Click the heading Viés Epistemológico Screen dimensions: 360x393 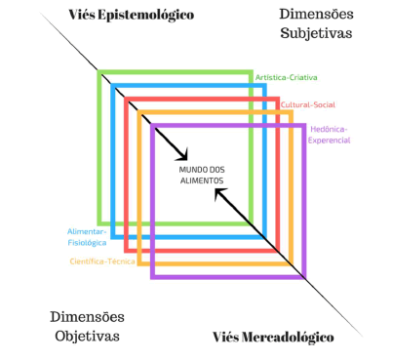click(x=130, y=15)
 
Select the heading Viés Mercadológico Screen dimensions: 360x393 click(x=273, y=338)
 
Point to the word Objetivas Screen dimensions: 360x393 click(x=86, y=336)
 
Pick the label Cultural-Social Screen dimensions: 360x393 click(x=306, y=104)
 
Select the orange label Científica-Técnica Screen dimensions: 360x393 click(x=102, y=260)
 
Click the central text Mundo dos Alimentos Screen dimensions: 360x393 click(x=202, y=176)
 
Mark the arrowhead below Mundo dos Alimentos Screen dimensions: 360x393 click(x=218, y=195)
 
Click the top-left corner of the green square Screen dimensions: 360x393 click(x=99, y=71)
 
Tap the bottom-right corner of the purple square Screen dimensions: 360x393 click(x=304, y=277)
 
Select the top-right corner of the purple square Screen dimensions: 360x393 click(x=304, y=125)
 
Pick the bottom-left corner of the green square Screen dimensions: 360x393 click(x=99, y=222)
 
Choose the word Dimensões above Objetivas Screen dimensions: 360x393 click(x=86, y=317)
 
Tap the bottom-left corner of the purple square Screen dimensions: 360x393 click(x=152, y=277)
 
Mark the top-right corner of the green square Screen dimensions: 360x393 click(x=252, y=71)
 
